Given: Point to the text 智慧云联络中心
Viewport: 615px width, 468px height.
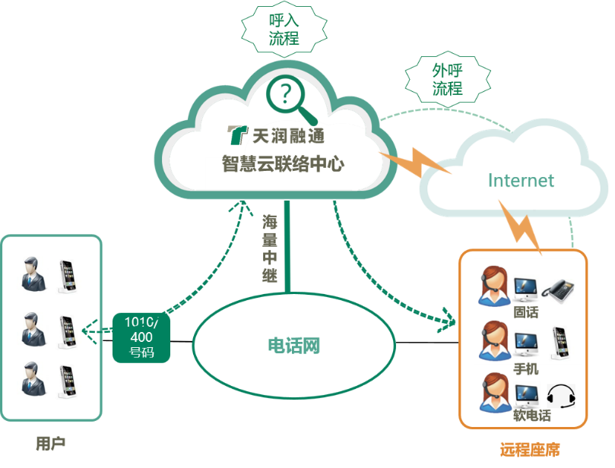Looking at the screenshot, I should click(283, 163).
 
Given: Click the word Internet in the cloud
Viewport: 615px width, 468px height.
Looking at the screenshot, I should click(521, 180).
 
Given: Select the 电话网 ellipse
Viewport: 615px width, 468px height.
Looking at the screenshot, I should click(293, 346).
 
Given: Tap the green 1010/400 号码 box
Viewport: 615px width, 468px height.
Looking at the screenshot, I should click(141, 337).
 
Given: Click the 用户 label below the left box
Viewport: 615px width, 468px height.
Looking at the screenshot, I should click(50, 443).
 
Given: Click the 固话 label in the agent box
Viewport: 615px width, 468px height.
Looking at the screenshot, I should click(525, 311).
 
